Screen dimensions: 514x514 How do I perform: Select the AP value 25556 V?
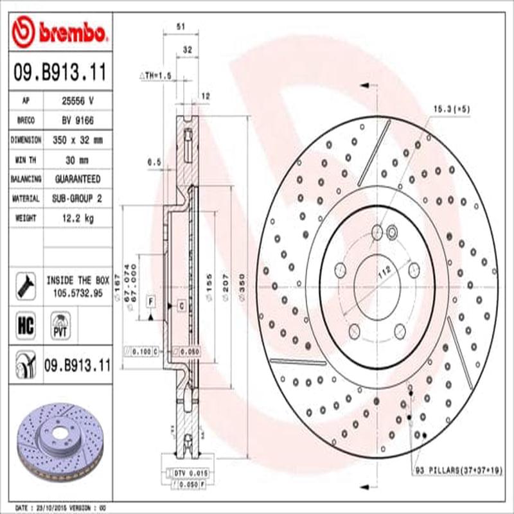pyautogui.click(x=77, y=100)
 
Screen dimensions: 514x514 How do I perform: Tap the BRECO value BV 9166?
pyautogui.click(x=77, y=120)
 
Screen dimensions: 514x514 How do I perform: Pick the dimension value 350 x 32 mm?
pyautogui.click(x=77, y=139)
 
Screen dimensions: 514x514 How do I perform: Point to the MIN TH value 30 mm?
pyautogui.click(x=77, y=159)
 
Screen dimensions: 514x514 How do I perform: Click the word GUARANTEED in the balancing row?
pyautogui.click(x=77, y=179)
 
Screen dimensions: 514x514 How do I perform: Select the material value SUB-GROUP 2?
pyautogui.click(x=77, y=199)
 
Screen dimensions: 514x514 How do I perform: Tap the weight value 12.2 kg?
pyautogui.click(x=77, y=218)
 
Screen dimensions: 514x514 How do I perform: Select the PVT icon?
pyautogui.click(x=60, y=324)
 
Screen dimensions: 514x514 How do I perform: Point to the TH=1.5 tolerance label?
pyautogui.click(x=157, y=76)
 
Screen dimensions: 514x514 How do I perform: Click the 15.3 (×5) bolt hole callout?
pyautogui.click(x=452, y=109)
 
